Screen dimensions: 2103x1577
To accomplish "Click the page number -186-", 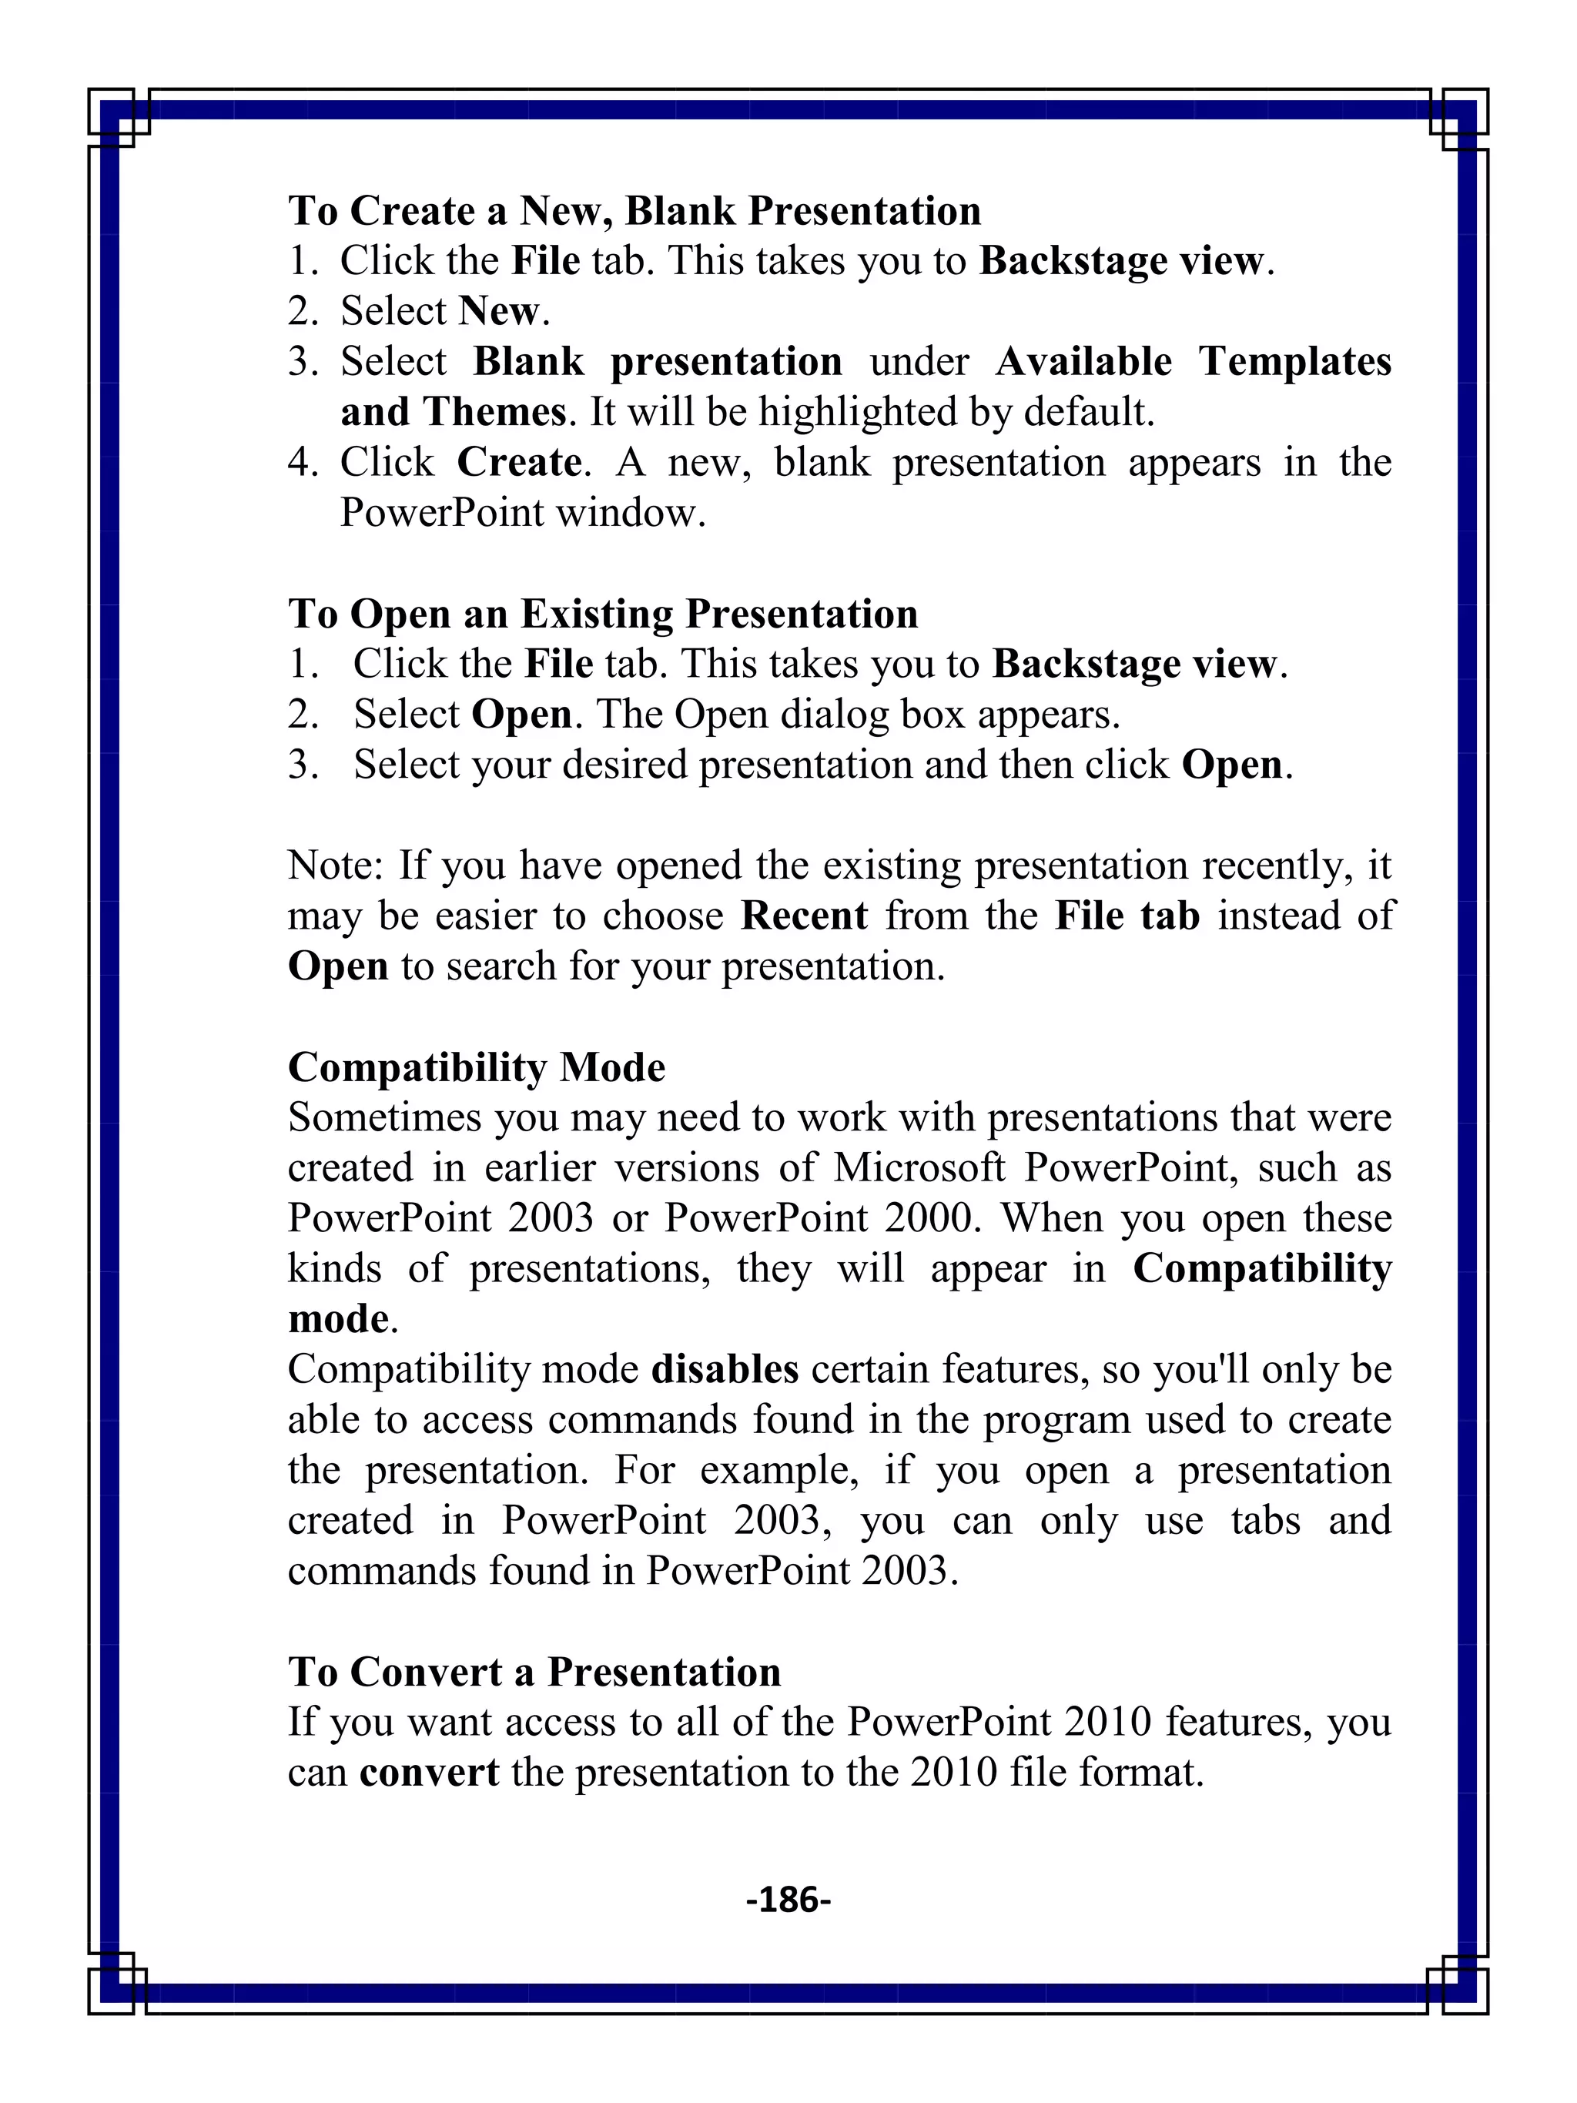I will [x=788, y=1900].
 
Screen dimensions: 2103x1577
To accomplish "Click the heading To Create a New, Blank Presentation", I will [x=634, y=211].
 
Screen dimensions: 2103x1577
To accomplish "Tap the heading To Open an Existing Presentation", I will [x=603, y=614].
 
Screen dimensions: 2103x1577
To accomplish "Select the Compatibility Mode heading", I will [x=476, y=1067].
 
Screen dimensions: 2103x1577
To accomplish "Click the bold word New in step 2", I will [x=500, y=312].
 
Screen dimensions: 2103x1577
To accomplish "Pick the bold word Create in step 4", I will [x=519, y=463].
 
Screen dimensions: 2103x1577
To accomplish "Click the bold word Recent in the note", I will [x=804, y=916].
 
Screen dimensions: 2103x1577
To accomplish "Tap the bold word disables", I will [x=725, y=1370].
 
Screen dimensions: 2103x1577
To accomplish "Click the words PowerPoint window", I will [x=522, y=514].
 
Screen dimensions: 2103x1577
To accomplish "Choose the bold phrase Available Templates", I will [x=1192, y=362].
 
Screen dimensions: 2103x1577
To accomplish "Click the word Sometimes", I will [x=385, y=1118].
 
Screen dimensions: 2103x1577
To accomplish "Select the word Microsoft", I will [x=919, y=1168].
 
